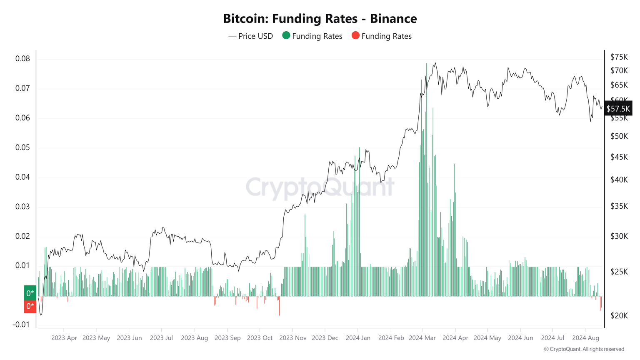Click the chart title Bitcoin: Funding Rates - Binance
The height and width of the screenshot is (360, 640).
point(320,19)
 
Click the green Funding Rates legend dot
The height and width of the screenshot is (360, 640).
point(286,35)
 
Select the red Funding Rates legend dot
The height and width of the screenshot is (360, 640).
point(355,35)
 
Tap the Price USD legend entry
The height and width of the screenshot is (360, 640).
point(250,36)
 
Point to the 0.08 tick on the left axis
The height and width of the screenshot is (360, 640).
point(22,59)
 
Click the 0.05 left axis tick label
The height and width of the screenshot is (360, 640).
point(22,147)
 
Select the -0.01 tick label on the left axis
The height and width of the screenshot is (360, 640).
point(21,325)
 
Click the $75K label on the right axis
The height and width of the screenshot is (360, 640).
point(619,57)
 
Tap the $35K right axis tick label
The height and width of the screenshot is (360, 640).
point(619,206)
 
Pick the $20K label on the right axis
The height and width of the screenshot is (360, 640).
point(619,316)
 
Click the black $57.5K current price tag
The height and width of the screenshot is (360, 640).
point(618,109)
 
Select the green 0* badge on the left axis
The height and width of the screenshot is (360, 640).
point(30,293)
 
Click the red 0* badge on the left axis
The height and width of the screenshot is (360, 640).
point(30,306)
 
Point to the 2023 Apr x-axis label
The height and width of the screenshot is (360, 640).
point(64,338)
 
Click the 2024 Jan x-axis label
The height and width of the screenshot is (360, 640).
point(358,338)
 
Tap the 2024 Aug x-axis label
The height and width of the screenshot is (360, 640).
point(585,338)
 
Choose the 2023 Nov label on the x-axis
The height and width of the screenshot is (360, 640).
point(292,338)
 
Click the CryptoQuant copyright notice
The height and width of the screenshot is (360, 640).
point(584,349)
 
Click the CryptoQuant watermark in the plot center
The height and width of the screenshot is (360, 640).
point(320,187)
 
